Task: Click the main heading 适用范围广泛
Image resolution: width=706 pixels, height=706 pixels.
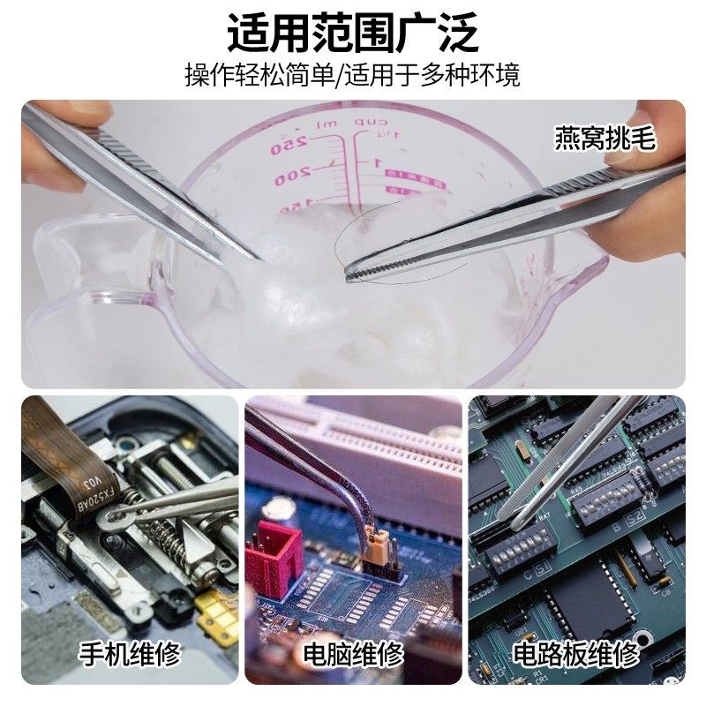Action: coord(353,34)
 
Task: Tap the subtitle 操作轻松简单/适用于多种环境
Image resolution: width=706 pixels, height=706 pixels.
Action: coord(353,74)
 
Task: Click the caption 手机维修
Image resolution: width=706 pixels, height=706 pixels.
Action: coord(130,654)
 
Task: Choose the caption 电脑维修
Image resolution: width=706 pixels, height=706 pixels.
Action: coord(353,654)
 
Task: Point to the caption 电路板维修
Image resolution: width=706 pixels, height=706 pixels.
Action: coord(576,654)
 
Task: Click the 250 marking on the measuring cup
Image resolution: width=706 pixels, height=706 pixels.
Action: coord(286,143)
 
